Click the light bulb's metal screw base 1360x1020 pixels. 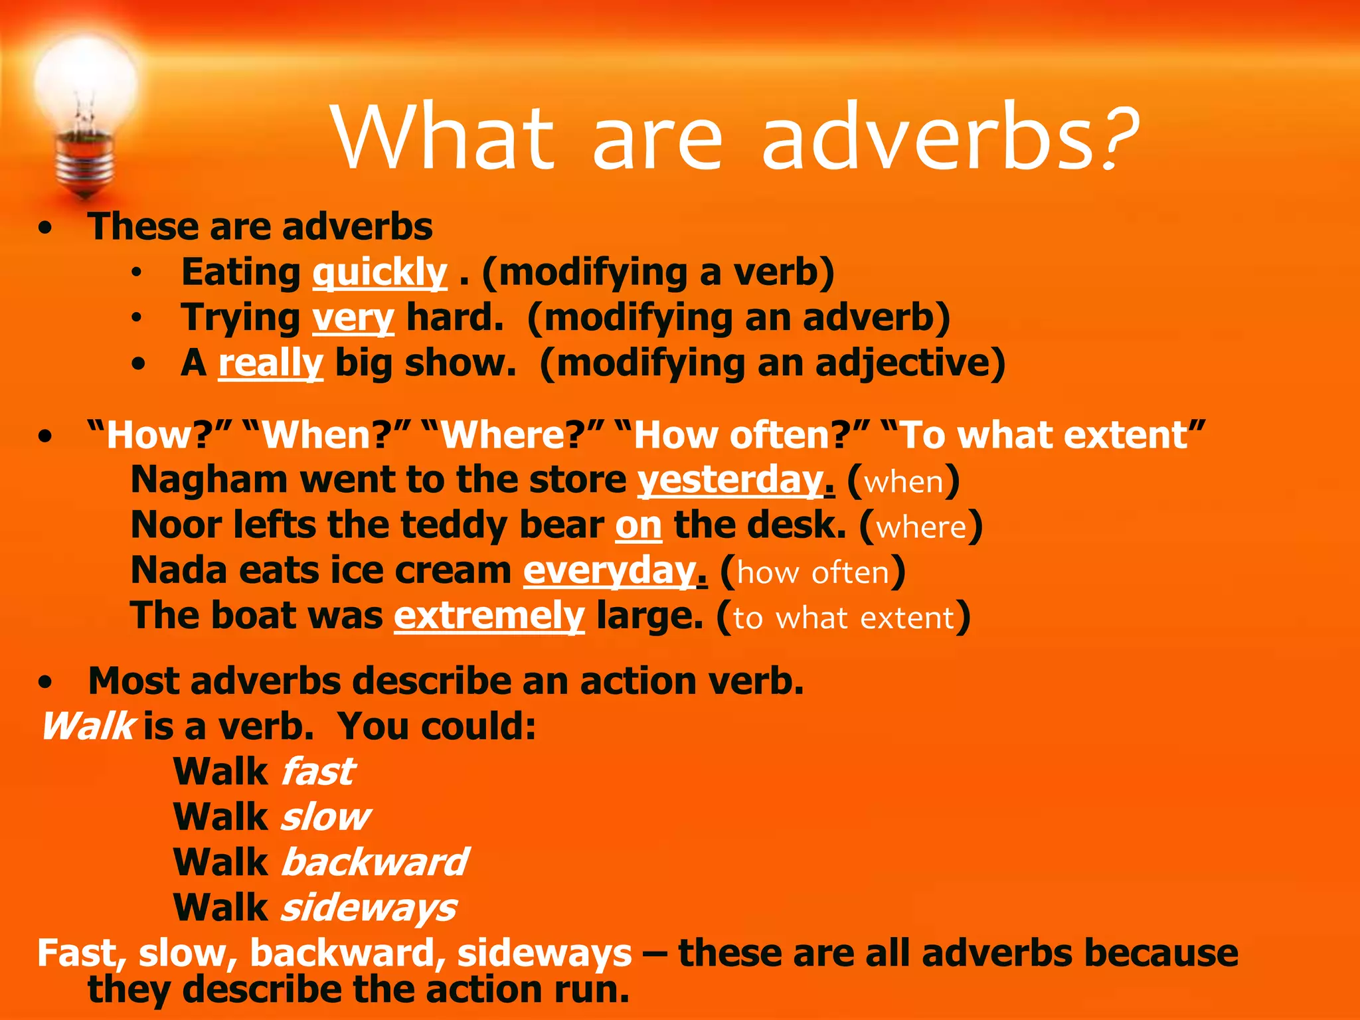[x=85, y=163]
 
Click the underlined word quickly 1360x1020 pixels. [x=380, y=273]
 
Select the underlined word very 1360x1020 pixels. [x=353, y=318]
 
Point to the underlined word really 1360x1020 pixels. [x=271, y=363]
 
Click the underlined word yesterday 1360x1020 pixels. [x=730, y=480]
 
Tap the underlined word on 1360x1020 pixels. [x=638, y=525]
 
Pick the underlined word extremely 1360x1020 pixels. [x=489, y=616]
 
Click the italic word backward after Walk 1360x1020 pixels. [x=375, y=862]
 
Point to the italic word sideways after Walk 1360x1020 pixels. [x=369, y=908]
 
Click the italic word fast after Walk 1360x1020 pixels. [x=318, y=772]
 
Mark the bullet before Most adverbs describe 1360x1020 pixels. [x=45, y=683]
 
